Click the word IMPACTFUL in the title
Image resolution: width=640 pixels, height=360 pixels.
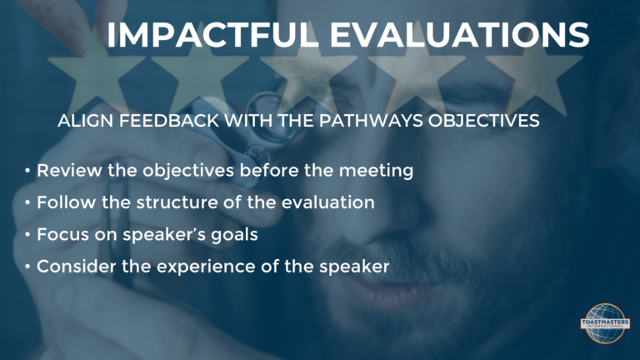pyautogui.click(x=212, y=35)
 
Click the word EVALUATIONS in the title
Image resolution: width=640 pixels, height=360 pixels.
pyautogui.click(x=459, y=35)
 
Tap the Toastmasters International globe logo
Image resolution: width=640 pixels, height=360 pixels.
pyautogui.click(x=605, y=323)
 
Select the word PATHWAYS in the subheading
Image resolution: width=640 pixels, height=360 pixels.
pyautogui.click(x=371, y=121)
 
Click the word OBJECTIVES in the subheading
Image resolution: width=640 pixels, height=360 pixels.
pyautogui.click(x=483, y=121)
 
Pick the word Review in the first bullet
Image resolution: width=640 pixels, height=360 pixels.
pyautogui.click(x=69, y=170)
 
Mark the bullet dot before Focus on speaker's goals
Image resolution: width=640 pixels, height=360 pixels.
pyautogui.click(x=27, y=235)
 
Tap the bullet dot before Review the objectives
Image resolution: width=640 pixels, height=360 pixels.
pyautogui.click(x=27, y=171)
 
